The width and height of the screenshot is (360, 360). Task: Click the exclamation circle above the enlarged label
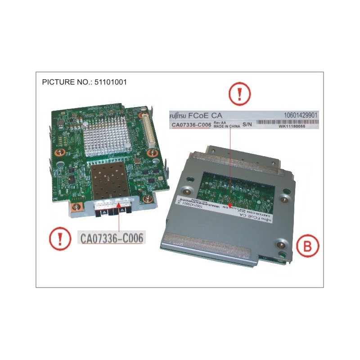coord(239,95)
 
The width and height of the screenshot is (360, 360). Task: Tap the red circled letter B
coord(308,247)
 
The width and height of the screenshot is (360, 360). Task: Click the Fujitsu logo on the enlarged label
coord(179,116)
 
